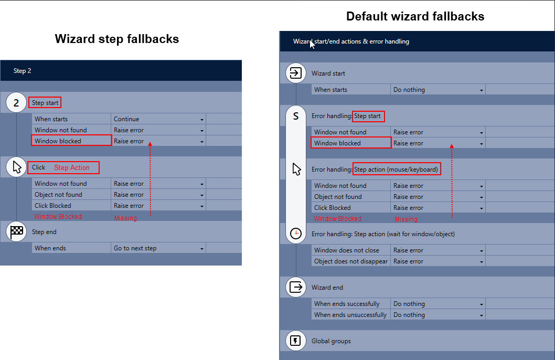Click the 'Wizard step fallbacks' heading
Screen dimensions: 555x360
(x=117, y=39)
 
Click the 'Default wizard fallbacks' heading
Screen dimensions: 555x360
(x=415, y=16)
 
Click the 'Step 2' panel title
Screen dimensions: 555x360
(x=23, y=71)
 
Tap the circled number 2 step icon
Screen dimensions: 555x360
(x=16, y=103)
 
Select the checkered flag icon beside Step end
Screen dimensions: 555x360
(x=16, y=232)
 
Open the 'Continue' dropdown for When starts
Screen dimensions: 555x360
(x=158, y=119)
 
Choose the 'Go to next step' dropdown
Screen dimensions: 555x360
(x=158, y=248)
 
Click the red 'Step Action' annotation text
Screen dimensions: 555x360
(x=72, y=168)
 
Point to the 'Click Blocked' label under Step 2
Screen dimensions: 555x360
(x=53, y=206)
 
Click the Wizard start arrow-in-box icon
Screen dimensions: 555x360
(x=296, y=73)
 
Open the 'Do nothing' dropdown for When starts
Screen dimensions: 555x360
(x=438, y=90)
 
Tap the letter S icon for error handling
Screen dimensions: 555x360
(x=296, y=116)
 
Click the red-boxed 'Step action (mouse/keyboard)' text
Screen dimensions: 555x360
(x=396, y=170)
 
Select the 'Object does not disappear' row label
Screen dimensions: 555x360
(x=351, y=261)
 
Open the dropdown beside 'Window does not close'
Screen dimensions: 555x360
(x=438, y=250)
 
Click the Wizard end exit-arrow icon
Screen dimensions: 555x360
(x=296, y=287)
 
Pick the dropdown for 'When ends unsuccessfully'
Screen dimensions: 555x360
(x=438, y=315)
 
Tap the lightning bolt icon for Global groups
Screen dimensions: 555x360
(x=296, y=341)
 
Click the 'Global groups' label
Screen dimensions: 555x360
(x=331, y=341)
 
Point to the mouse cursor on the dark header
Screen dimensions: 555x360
(x=312, y=44)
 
